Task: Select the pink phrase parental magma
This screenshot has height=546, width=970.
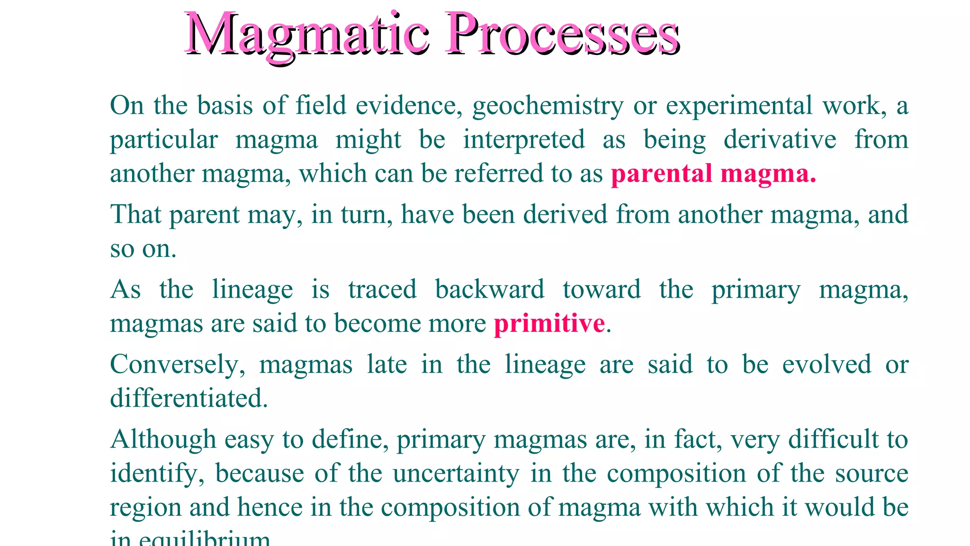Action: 713,174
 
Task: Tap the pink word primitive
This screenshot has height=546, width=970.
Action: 549,324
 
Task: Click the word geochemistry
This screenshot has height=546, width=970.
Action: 548,106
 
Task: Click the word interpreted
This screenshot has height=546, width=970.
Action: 524,140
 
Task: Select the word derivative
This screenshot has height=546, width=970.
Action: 780,140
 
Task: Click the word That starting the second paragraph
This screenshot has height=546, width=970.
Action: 136,215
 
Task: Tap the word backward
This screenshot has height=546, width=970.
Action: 490,290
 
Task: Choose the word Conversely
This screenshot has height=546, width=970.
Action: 178,365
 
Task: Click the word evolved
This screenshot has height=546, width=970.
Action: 826,364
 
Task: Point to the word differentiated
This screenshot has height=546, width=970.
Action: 189,398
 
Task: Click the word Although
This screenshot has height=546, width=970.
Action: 163,440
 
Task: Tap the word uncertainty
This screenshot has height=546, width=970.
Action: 456,474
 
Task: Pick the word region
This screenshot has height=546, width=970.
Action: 145,508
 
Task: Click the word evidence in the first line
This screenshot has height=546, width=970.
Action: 409,106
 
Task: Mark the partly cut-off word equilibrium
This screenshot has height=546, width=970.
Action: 204,539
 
